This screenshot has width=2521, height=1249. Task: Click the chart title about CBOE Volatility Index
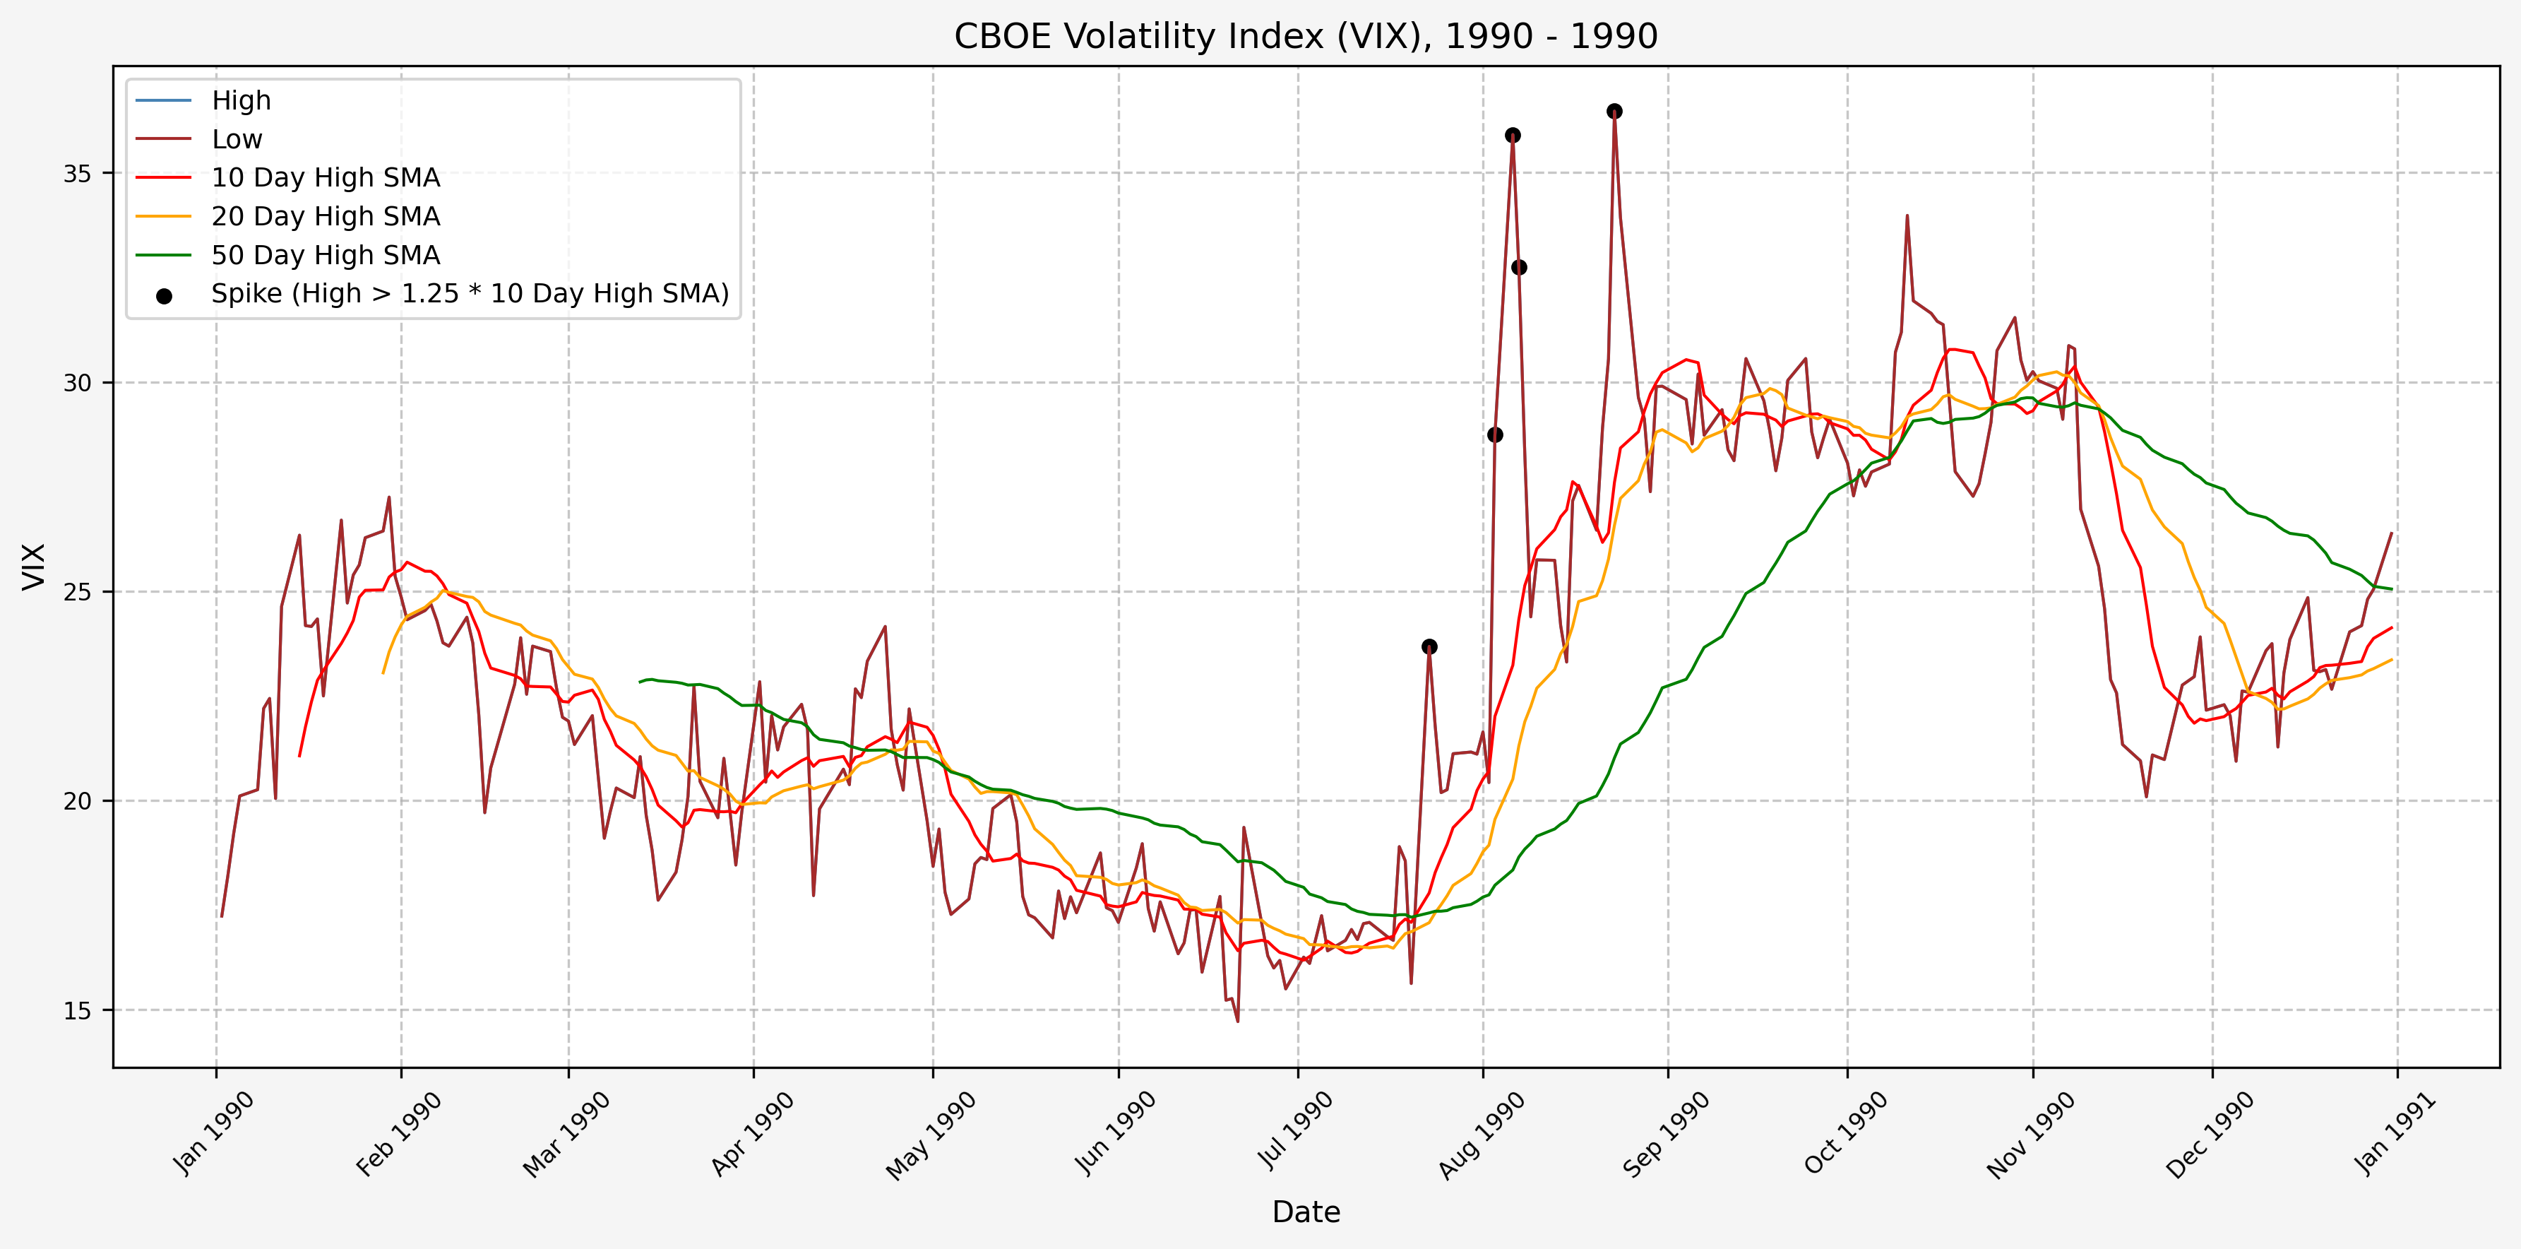coord(1306,36)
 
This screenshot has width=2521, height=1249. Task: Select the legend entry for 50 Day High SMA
coord(325,256)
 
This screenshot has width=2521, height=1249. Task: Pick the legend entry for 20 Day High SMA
coord(325,216)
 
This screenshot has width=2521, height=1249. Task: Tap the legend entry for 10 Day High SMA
coord(325,178)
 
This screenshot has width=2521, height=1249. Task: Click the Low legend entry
coord(237,140)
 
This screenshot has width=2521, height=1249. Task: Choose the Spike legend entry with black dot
coord(470,294)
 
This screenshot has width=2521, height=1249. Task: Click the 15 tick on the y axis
coord(77,1011)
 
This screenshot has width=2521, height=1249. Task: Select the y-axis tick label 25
coord(77,592)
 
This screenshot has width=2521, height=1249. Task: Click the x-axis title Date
coord(1306,1212)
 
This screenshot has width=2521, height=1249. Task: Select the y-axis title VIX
coord(33,567)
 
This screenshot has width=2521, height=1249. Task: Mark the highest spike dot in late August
coord(1614,112)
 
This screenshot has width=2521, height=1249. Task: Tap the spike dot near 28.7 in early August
coord(1494,434)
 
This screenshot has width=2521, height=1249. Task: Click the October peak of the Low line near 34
coord(1907,216)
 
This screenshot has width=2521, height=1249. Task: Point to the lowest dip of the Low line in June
coord(1237,1021)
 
